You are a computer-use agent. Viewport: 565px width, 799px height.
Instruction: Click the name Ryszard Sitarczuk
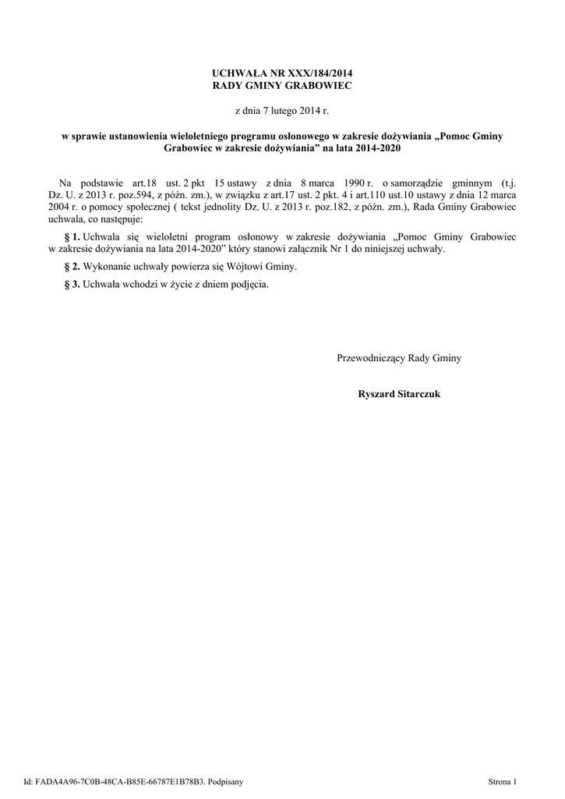[x=399, y=394]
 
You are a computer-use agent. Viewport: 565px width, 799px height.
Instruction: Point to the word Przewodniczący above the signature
[x=371, y=358]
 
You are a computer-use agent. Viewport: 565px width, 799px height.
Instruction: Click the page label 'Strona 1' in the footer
[x=502, y=780]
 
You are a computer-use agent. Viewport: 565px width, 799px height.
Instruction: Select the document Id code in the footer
[x=123, y=780]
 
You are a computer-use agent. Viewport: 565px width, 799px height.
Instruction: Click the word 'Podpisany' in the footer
[x=225, y=780]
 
